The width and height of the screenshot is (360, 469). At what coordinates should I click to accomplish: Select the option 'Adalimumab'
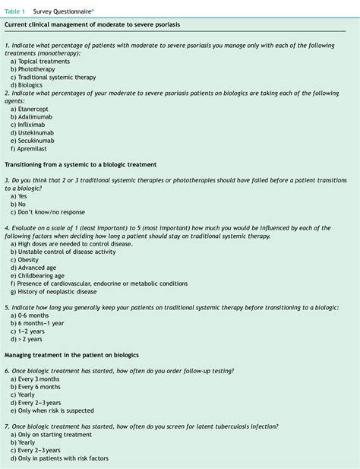(x=36, y=119)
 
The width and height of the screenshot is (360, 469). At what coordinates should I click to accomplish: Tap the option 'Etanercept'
(x=35, y=109)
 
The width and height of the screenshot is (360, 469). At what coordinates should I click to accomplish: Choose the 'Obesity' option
(x=30, y=259)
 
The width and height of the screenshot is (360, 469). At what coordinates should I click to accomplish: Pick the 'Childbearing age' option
(x=40, y=277)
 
